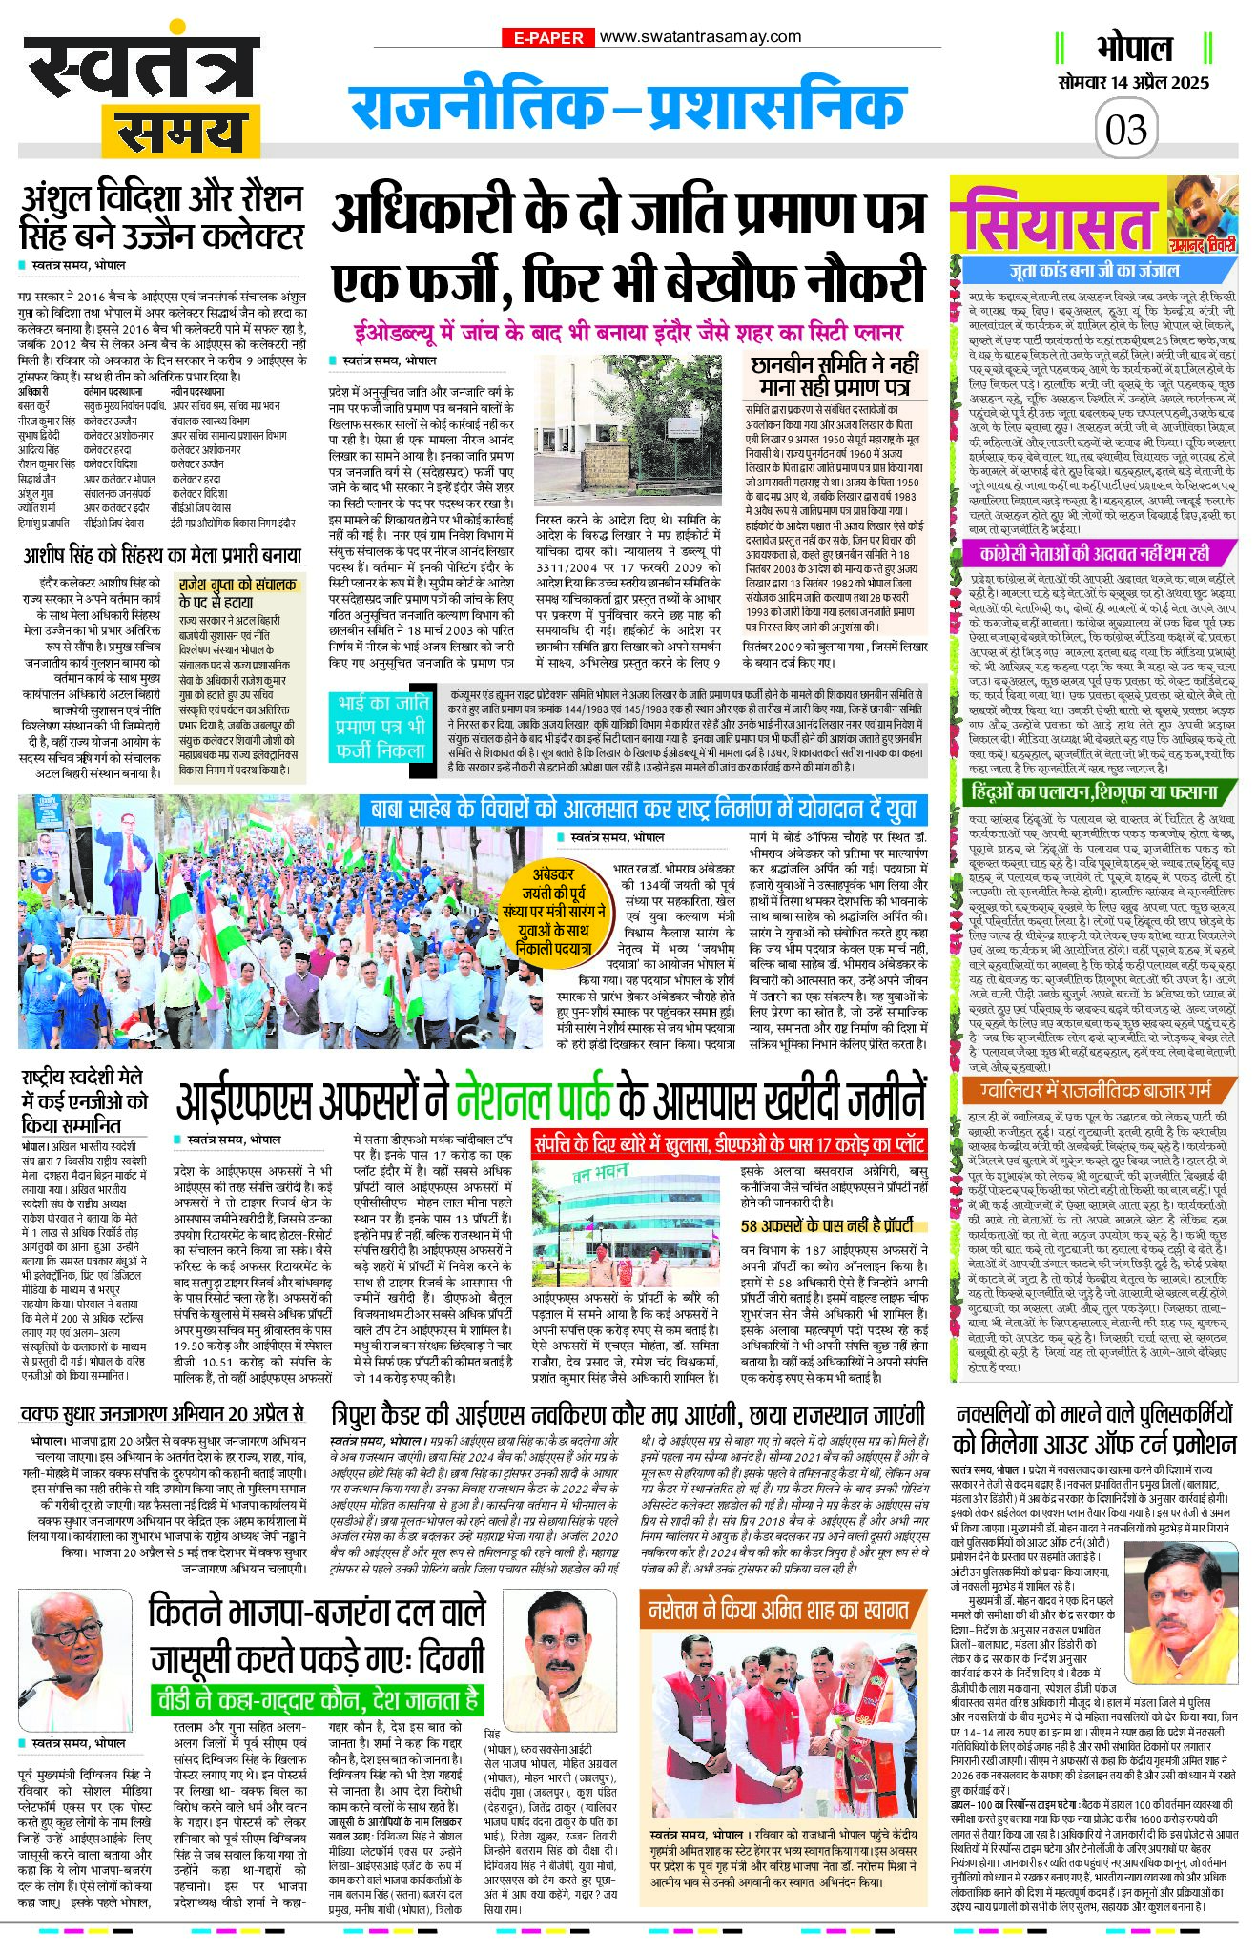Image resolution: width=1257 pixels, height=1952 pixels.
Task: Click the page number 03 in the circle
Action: (x=1126, y=129)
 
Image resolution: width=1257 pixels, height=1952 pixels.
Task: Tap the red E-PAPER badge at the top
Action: (x=547, y=38)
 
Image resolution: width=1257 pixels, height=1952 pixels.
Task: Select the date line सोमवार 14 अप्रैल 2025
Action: (x=1133, y=82)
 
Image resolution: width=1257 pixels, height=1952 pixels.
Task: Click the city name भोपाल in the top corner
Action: (x=1133, y=48)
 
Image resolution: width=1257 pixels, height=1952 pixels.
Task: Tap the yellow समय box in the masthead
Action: (x=183, y=132)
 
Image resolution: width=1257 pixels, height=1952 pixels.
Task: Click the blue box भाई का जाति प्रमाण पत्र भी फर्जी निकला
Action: (x=381, y=727)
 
